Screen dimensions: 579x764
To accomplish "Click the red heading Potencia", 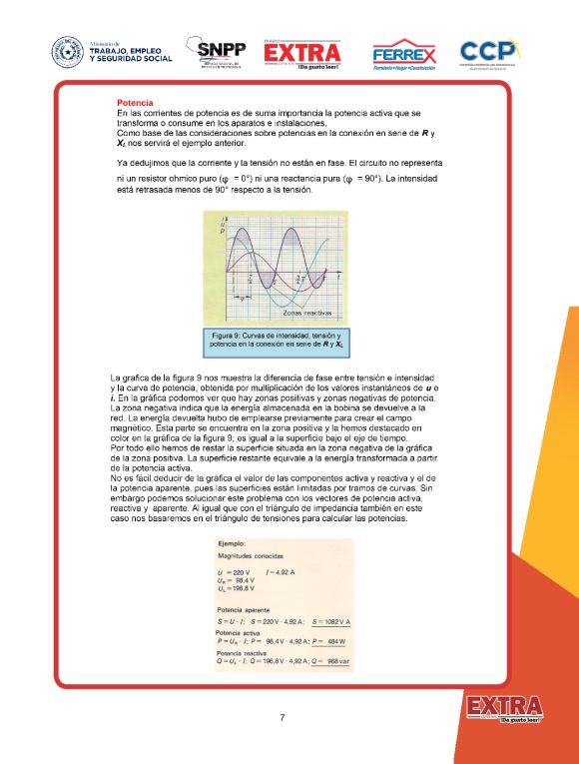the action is tap(134, 103).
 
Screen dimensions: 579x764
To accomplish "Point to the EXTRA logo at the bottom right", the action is tap(504, 708).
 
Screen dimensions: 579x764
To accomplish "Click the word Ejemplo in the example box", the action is tap(233, 542).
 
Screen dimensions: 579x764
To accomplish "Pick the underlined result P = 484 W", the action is tap(329, 642).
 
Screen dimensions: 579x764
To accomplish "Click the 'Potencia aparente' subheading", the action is tap(245, 607).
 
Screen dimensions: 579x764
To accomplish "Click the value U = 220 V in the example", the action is tap(233, 572).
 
